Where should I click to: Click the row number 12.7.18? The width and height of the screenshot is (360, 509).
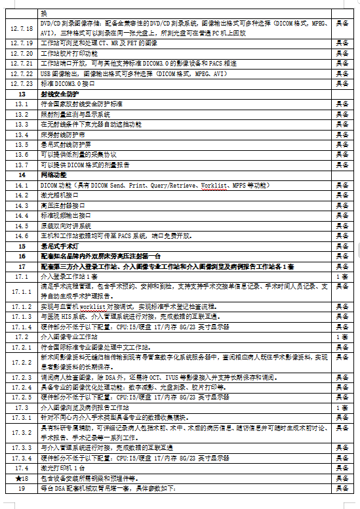pyautogui.click(x=22, y=28)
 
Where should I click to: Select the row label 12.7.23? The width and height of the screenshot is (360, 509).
pyautogui.click(x=22, y=84)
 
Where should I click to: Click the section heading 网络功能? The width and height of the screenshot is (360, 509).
pyautogui.click(x=54, y=175)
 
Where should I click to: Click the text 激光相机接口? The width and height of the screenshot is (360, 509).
pyautogui.click(x=58, y=195)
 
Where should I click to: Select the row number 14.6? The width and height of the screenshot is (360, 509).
pyautogui.click(x=22, y=235)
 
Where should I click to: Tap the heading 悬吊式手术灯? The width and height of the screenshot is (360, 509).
pyautogui.click(x=58, y=245)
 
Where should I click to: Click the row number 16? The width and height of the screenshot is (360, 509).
pyautogui.click(x=22, y=256)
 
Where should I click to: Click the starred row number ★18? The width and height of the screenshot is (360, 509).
pyautogui.click(x=22, y=479)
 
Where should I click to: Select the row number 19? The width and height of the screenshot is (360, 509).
pyautogui.click(x=22, y=489)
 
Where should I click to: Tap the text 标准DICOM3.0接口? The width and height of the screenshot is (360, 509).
pyautogui.click(x=68, y=84)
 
